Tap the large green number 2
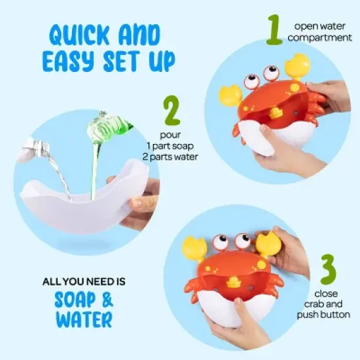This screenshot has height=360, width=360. click(171, 112)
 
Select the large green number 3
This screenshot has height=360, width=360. click(329, 269)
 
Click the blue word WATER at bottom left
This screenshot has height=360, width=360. click(75, 319)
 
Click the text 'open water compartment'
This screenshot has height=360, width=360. click(323, 32)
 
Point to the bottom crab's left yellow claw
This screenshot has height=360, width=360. click(194, 249)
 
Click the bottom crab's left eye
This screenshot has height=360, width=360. click(221, 243)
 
